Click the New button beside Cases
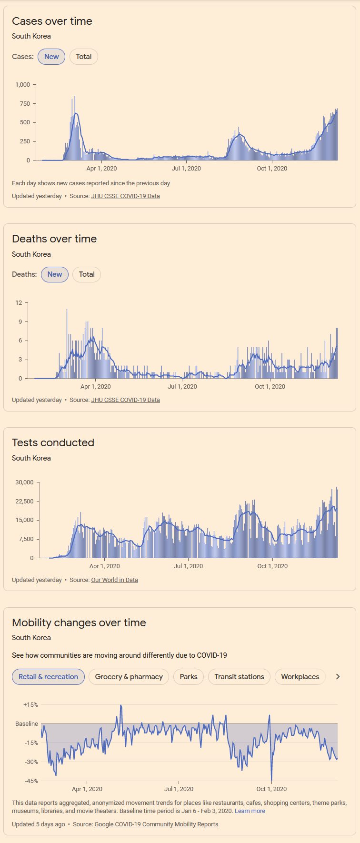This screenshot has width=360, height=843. (x=51, y=57)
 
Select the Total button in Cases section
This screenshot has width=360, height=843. (x=84, y=57)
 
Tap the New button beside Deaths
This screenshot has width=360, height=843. (x=55, y=274)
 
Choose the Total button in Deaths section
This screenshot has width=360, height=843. (x=87, y=274)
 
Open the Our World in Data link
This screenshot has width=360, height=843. (x=114, y=580)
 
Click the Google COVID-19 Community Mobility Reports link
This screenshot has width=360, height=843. (x=156, y=824)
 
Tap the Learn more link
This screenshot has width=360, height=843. (x=250, y=811)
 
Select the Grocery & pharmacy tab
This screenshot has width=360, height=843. (x=129, y=677)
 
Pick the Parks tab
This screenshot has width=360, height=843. (x=189, y=677)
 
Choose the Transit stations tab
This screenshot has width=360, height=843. (x=239, y=677)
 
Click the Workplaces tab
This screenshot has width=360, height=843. (x=300, y=677)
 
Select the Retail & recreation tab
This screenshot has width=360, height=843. (x=48, y=677)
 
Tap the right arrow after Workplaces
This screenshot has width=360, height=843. (x=338, y=677)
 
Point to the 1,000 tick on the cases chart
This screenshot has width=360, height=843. (x=23, y=85)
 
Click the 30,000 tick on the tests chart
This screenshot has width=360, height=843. (x=24, y=482)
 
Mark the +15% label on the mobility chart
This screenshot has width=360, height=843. (x=30, y=705)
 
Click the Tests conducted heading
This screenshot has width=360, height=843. (x=53, y=443)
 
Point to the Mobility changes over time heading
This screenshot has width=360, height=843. (x=79, y=623)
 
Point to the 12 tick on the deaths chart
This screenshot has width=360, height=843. (x=19, y=303)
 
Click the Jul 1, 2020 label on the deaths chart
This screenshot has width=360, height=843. (x=182, y=387)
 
